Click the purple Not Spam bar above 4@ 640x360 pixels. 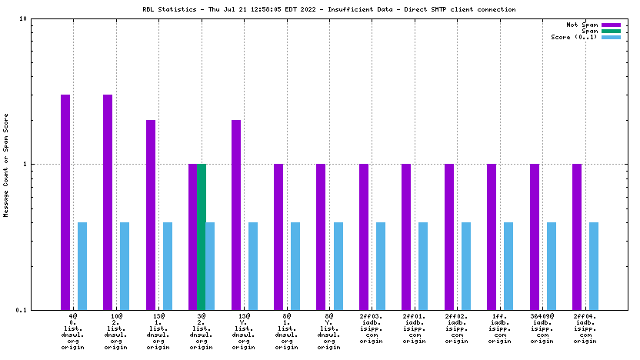tap(65, 202)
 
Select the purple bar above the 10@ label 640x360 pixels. tap(108, 202)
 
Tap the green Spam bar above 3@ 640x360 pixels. tap(202, 237)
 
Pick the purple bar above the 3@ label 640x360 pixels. tap(193, 237)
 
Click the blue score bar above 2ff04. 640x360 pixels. tap(594, 266)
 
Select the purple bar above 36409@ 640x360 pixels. tap(534, 237)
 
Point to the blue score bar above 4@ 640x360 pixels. tap(82, 266)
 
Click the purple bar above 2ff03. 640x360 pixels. tap(364, 237)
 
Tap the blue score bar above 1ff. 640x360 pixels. tap(508, 266)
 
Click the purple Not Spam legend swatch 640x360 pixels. tap(611, 25)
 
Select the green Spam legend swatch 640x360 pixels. tap(611, 31)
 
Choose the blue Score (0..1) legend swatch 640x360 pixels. tap(611, 37)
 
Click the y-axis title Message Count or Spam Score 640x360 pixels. tap(6, 165)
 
